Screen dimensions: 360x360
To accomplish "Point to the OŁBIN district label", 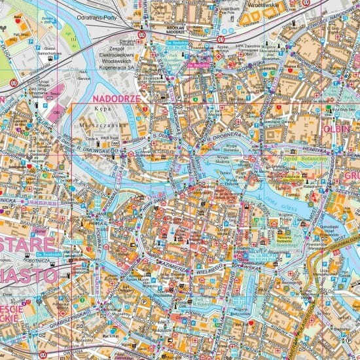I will coord(337,129).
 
